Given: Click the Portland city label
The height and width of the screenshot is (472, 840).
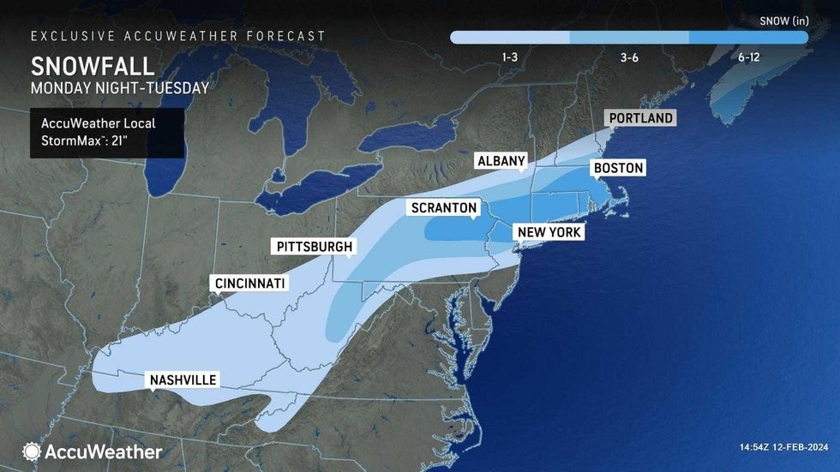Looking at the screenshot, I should coord(639,118).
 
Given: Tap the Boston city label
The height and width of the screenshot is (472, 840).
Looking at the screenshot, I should coord(618,168).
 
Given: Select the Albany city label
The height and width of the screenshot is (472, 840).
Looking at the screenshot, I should coord(501,162).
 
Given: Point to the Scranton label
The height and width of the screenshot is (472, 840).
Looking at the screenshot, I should coord(443,208).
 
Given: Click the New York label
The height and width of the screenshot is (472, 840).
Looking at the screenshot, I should coord(548,232).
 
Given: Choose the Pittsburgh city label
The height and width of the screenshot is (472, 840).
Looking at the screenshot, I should coord(314,247).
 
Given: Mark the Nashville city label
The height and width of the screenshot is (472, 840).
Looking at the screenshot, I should coord(183,380).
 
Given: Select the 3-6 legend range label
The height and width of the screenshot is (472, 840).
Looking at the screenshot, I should coord(629,57).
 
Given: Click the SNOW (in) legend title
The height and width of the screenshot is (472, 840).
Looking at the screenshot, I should coord(783,19).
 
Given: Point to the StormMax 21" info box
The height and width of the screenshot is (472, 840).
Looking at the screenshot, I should coord(106,132).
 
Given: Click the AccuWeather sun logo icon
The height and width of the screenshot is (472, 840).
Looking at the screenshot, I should coord(32,451).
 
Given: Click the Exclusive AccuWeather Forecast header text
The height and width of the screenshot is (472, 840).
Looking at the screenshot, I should coord(178,36).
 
